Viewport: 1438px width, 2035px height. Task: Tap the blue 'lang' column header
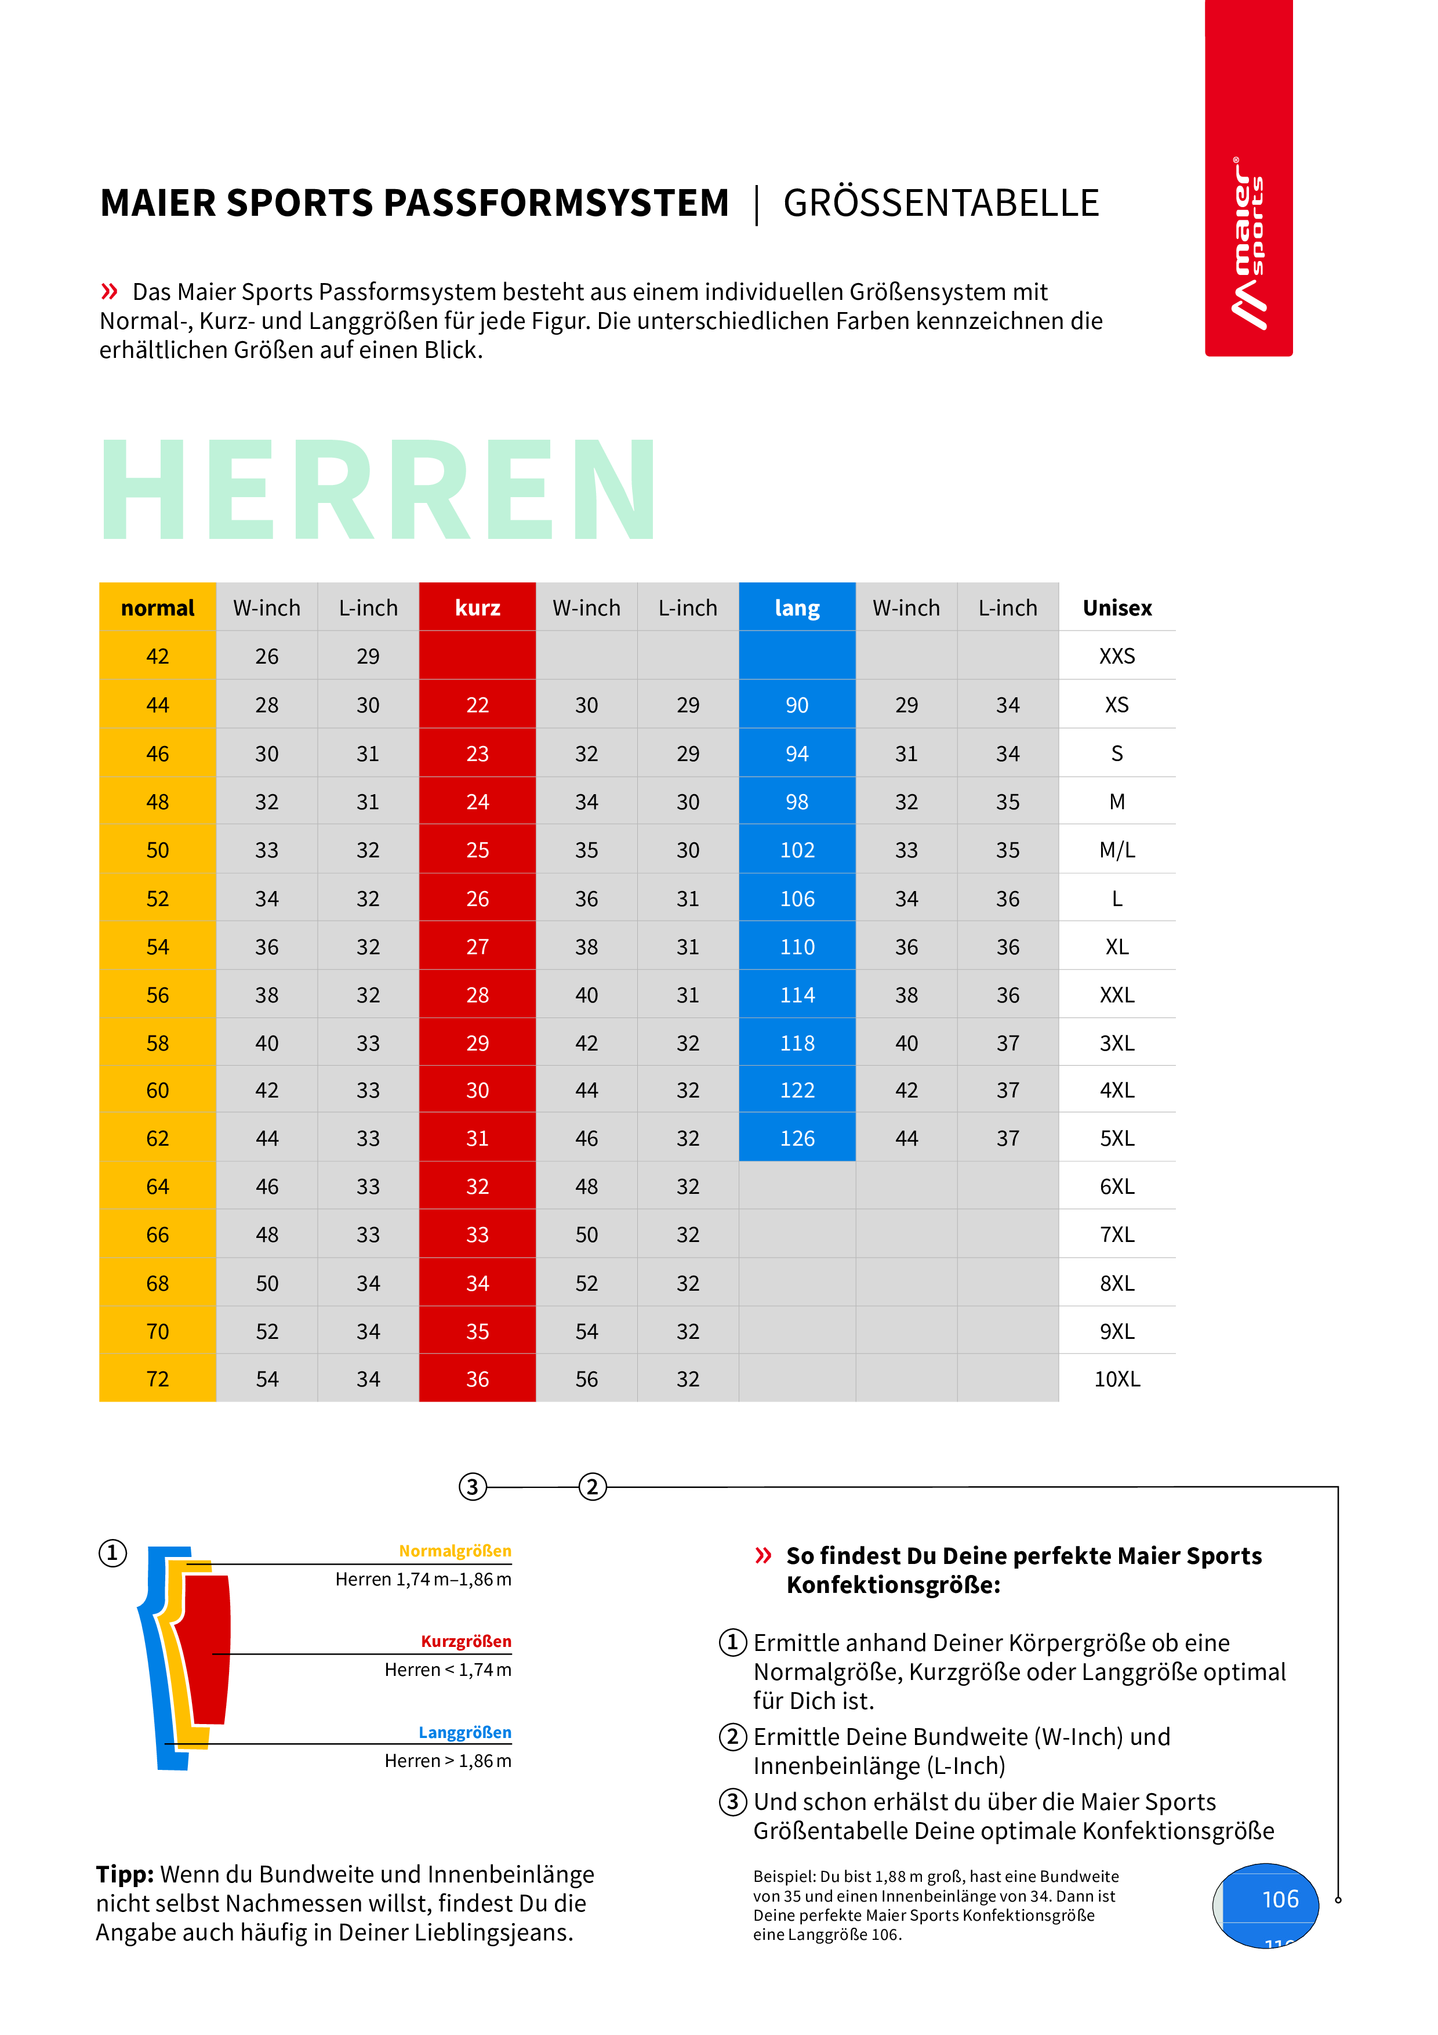(x=797, y=608)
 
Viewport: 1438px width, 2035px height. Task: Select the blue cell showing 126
(x=797, y=1138)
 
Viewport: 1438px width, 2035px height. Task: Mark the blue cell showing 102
(x=797, y=850)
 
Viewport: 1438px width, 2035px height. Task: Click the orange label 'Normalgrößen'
(x=455, y=1551)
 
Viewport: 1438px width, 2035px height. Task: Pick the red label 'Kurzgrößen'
(x=466, y=1642)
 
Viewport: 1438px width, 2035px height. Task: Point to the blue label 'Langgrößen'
(x=464, y=1733)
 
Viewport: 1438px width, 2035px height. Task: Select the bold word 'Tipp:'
(x=125, y=1874)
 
